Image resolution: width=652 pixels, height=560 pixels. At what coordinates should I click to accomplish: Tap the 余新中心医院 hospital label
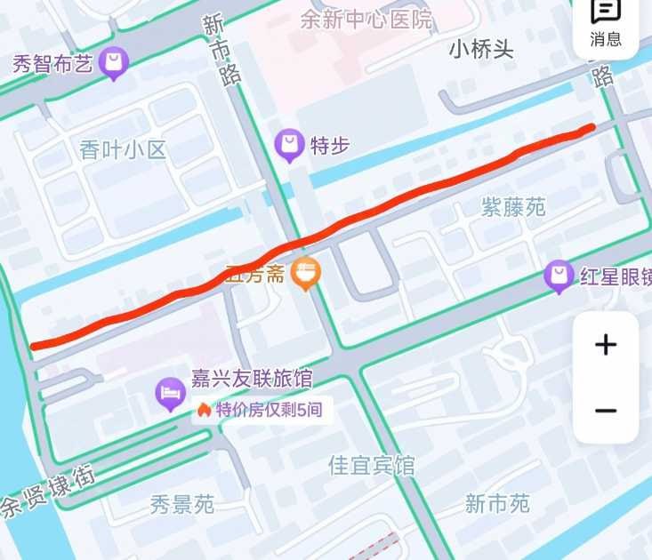coord(366,19)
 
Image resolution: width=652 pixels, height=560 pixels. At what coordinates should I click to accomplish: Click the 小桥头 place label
coord(481,49)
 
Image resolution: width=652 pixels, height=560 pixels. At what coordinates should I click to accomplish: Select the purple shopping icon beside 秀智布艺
coord(114,63)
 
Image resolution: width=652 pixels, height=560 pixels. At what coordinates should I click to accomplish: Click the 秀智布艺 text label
coord(52,64)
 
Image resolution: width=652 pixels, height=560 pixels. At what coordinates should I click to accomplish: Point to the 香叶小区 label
coord(123,149)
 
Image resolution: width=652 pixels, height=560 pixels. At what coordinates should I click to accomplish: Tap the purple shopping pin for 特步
coord(289,144)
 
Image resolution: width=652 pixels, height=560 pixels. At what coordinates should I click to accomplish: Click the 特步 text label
coord(329,145)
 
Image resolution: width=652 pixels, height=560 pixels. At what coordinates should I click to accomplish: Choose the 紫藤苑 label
coord(513,207)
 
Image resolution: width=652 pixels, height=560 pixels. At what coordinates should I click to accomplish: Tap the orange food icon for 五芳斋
coord(306,274)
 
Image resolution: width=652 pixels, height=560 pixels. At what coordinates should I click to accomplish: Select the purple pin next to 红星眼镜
coord(559,276)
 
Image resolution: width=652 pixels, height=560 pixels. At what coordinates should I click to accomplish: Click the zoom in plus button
coord(606,345)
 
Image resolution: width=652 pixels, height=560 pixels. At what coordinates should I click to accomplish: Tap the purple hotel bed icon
coord(170,392)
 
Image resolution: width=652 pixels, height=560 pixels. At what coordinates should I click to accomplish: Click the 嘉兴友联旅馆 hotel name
coord(252,380)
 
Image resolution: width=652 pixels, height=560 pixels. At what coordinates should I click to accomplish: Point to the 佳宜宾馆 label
coord(371,465)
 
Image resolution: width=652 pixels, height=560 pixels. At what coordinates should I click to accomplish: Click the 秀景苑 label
coord(181,505)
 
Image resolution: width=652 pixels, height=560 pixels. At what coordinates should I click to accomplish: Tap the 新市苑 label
coord(497,504)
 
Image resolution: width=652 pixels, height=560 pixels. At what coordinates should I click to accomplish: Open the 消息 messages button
coord(606,24)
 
